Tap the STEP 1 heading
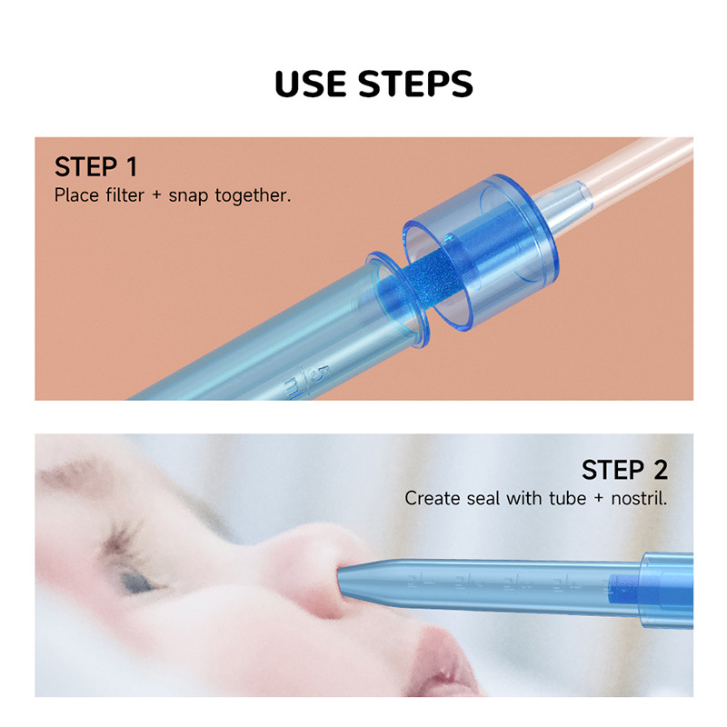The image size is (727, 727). tap(95, 167)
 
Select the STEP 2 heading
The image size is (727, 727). tap(624, 470)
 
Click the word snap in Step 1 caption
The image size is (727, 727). tap(189, 195)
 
